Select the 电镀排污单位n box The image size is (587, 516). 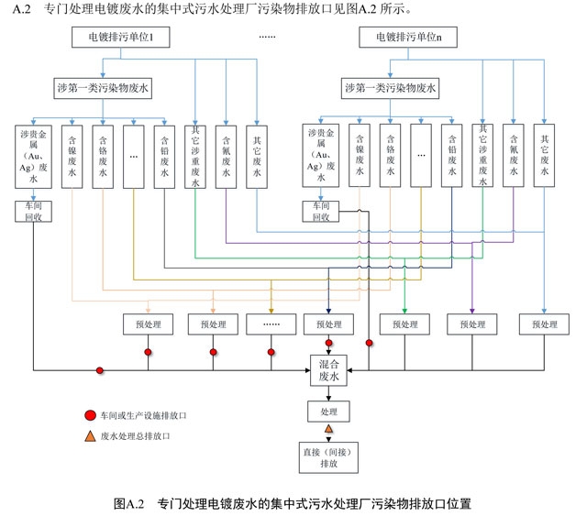[415, 38]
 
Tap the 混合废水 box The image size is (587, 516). [328, 370]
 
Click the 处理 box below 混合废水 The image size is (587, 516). [328, 413]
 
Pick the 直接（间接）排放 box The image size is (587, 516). [328, 457]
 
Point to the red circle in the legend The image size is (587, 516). [90, 415]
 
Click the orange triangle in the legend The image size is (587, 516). [90, 436]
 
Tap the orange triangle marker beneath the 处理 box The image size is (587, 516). [328, 429]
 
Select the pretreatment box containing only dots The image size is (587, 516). [271, 324]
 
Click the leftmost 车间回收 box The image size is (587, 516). [34, 212]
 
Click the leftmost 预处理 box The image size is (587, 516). [148, 324]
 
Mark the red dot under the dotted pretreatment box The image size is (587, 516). [271, 352]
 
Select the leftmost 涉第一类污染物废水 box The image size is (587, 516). [104, 89]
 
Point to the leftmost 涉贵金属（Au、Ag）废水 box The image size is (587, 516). [34, 156]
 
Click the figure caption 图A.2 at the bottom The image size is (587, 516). [293, 503]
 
